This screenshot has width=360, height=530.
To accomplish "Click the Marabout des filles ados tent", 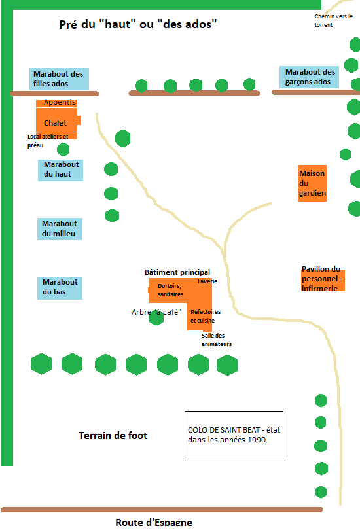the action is [59, 79].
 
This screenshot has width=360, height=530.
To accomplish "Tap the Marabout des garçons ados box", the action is [310, 77].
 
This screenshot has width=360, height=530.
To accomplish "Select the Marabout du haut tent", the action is [60, 170].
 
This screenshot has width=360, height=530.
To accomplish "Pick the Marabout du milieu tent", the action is [60, 229].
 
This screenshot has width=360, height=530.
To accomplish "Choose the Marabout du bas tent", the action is [60, 289].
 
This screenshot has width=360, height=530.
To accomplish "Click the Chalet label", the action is [55, 123].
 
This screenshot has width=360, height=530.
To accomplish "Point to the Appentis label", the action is [60, 102].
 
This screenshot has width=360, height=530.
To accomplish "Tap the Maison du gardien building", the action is [312, 183].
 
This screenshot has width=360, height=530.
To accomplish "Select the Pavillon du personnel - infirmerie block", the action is [323, 280].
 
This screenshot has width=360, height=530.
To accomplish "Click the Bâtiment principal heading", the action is [177, 272].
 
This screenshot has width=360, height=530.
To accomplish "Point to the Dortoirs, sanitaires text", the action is [170, 290].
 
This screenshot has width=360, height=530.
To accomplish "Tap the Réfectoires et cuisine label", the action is [205, 316].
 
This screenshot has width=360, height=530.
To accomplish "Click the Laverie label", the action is [207, 281].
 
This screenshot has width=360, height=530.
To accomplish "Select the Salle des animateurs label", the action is [217, 340].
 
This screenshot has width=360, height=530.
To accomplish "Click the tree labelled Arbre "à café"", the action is [156, 318].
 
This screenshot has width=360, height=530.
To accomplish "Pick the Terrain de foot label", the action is [113, 435].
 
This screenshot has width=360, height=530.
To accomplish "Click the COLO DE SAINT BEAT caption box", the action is [234, 435].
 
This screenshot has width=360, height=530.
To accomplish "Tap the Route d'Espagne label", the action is [154, 523].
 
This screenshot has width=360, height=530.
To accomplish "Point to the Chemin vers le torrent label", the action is [333, 20].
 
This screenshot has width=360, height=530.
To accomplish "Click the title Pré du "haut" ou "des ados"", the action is [138, 24].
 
